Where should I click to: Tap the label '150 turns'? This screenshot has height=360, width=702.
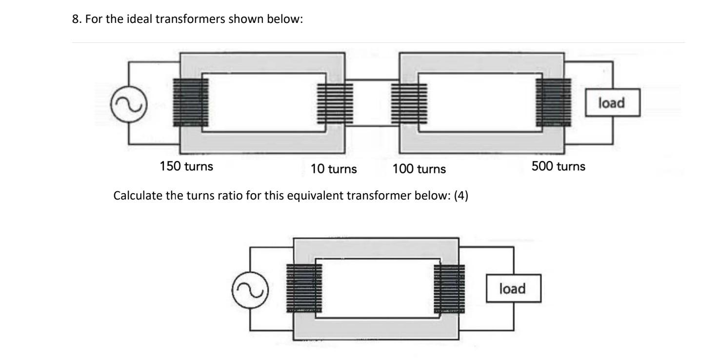186,166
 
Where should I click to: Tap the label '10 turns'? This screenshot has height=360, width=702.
334,169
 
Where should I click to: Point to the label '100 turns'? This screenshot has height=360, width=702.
419,169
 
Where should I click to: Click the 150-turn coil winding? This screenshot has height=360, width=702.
191,102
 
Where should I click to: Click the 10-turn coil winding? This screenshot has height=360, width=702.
335,103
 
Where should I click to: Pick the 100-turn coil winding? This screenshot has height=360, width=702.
409,103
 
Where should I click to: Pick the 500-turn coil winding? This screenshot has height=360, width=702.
553,102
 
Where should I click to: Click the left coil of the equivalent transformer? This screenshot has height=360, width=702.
304,289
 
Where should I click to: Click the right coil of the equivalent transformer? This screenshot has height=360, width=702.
449,289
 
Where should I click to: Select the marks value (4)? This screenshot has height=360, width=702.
461,198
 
